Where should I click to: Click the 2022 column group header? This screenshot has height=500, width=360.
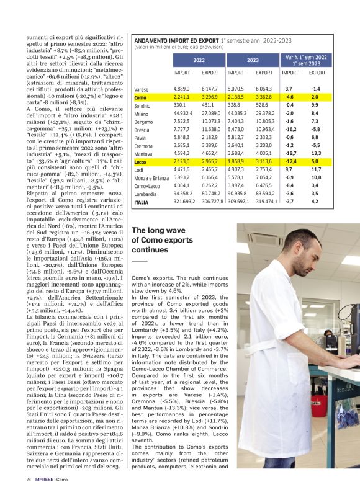tap(199, 60)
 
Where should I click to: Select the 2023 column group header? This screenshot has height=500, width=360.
tap(253, 60)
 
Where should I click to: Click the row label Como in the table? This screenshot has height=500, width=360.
tap(140, 97)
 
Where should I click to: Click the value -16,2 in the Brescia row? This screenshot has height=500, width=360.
tap(290, 130)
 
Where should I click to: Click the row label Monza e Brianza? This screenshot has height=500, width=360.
tap(151, 177)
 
